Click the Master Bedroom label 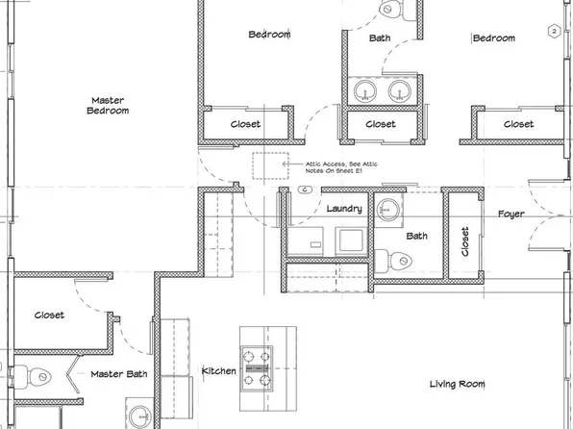point(109,105)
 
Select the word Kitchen point(218,370)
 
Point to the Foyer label point(511,214)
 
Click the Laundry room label point(343,209)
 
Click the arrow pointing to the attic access point(290,164)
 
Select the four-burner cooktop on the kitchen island point(257,367)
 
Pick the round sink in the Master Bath point(141,417)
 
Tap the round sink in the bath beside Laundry point(388,208)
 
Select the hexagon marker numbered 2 point(554,32)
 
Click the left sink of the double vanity point(365,92)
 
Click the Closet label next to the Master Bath point(49,315)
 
